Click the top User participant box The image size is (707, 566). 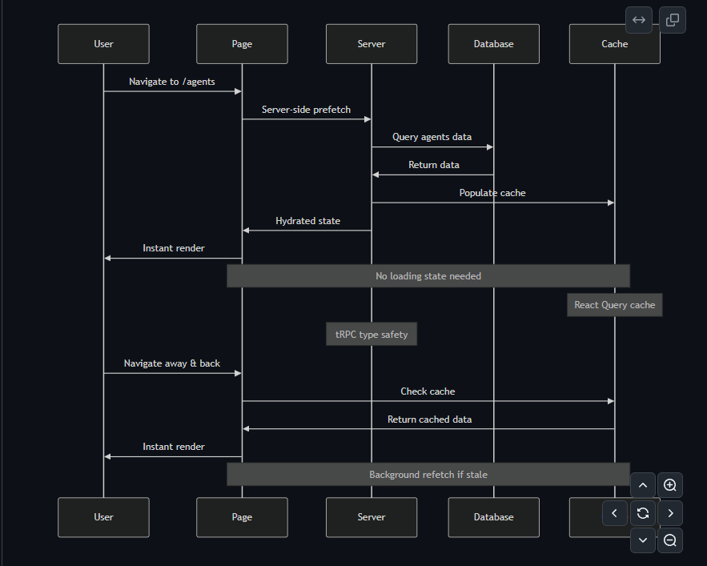tap(103, 44)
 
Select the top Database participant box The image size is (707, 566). tap(493, 44)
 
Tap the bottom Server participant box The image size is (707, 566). tap(372, 517)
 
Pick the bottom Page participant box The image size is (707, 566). tap(242, 517)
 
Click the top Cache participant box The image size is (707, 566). tap(614, 44)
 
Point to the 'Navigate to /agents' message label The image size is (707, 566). tap(172, 82)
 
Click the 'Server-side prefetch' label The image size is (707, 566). tap(306, 110)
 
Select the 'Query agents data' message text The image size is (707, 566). tap(432, 137)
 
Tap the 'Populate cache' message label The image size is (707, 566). tap(492, 193)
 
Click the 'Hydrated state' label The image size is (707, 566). tap(307, 221)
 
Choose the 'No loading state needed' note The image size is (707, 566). tap(428, 276)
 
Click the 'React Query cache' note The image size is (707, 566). tap(614, 305)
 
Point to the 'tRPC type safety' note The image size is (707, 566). tap(372, 335)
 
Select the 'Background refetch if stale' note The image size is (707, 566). tap(428, 475)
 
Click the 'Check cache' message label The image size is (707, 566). tap(428, 391)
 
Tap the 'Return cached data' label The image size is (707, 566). tap(429, 419)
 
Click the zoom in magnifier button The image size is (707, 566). tap(670, 485)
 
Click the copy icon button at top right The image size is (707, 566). tap(673, 20)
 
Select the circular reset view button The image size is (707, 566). tap(642, 513)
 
